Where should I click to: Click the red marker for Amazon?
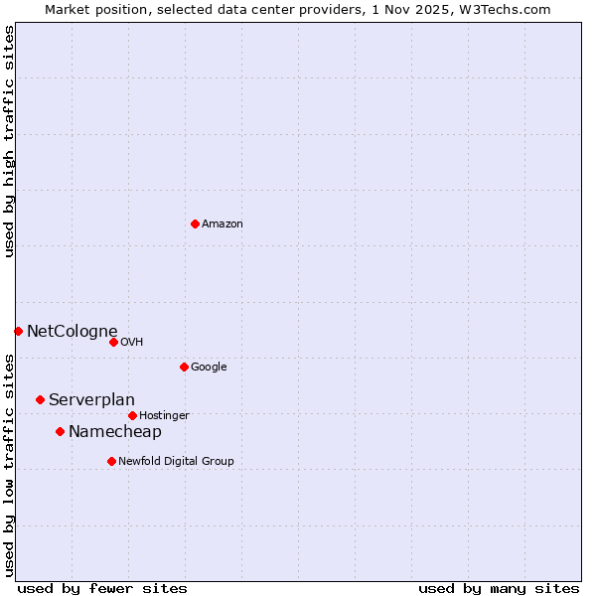(195, 223)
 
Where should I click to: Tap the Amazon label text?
(223, 224)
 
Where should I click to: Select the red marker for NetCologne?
(18, 331)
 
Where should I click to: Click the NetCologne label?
(72, 332)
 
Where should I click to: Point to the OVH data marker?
(113, 342)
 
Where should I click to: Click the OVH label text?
(132, 343)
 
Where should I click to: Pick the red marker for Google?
(184, 367)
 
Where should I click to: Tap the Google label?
(209, 368)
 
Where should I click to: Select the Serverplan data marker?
(40, 399)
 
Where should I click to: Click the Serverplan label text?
(91, 400)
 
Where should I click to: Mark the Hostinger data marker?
(132, 415)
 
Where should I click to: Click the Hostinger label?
(164, 416)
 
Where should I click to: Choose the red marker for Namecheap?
(60, 431)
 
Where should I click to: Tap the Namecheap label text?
(114, 432)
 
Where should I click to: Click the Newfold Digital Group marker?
(111, 461)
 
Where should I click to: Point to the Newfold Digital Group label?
(176, 462)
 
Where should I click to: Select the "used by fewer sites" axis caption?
(102, 588)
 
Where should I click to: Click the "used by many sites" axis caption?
(499, 588)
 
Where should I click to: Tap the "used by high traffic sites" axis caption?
(10, 141)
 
